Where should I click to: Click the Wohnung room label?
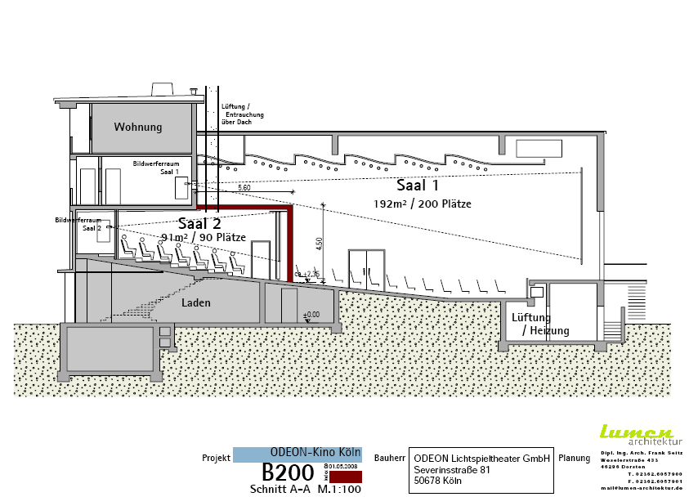(137, 127)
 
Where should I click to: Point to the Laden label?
(196, 303)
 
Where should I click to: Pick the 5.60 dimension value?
(244, 188)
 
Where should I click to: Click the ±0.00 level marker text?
(311, 314)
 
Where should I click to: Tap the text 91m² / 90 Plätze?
(204, 237)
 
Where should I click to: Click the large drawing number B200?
(288, 472)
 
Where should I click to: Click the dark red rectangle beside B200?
(345, 476)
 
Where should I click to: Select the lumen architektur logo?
(636, 435)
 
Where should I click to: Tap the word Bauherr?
(390, 459)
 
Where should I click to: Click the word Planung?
(574, 459)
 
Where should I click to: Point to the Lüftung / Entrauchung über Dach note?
(242, 114)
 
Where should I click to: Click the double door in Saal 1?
(365, 269)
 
